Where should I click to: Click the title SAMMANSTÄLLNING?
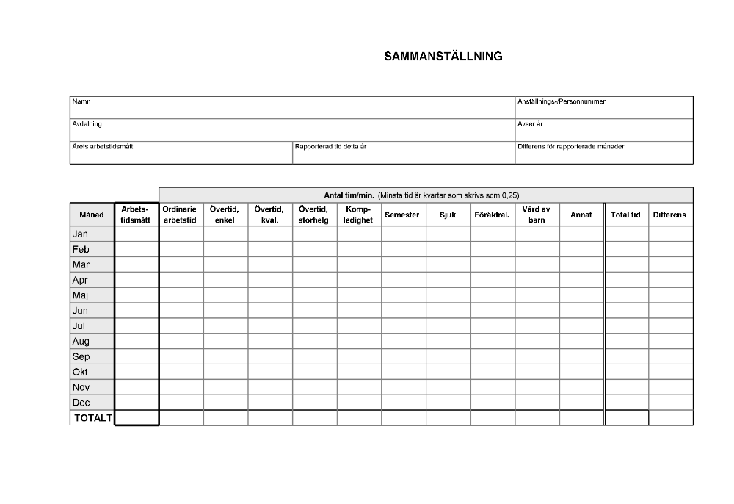(x=443, y=56)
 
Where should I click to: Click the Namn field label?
(x=81, y=101)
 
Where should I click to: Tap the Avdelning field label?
(x=87, y=124)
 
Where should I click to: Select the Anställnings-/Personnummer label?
(x=561, y=101)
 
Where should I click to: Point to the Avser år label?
(x=530, y=124)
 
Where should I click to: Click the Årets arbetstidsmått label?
(x=102, y=146)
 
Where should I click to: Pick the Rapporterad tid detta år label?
(x=330, y=146)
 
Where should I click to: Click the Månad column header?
(x=92, y=215)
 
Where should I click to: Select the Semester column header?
(x=402, y=215)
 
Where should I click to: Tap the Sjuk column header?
(x=448, y=215)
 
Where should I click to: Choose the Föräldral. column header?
(x=492, y=215)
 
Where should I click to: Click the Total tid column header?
(x=625, y=215)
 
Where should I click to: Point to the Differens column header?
(x=669, y=215)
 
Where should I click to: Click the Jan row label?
(x=80, y=234)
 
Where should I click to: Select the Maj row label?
(x=80, y=295)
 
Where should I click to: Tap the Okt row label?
(x=80, y=372)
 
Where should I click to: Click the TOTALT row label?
(x=93, y=418)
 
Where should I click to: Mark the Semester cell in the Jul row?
(x=404, y=325)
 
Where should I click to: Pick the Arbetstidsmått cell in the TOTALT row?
(x=137, y=418)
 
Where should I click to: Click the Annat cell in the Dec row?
(x=581, y=403)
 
